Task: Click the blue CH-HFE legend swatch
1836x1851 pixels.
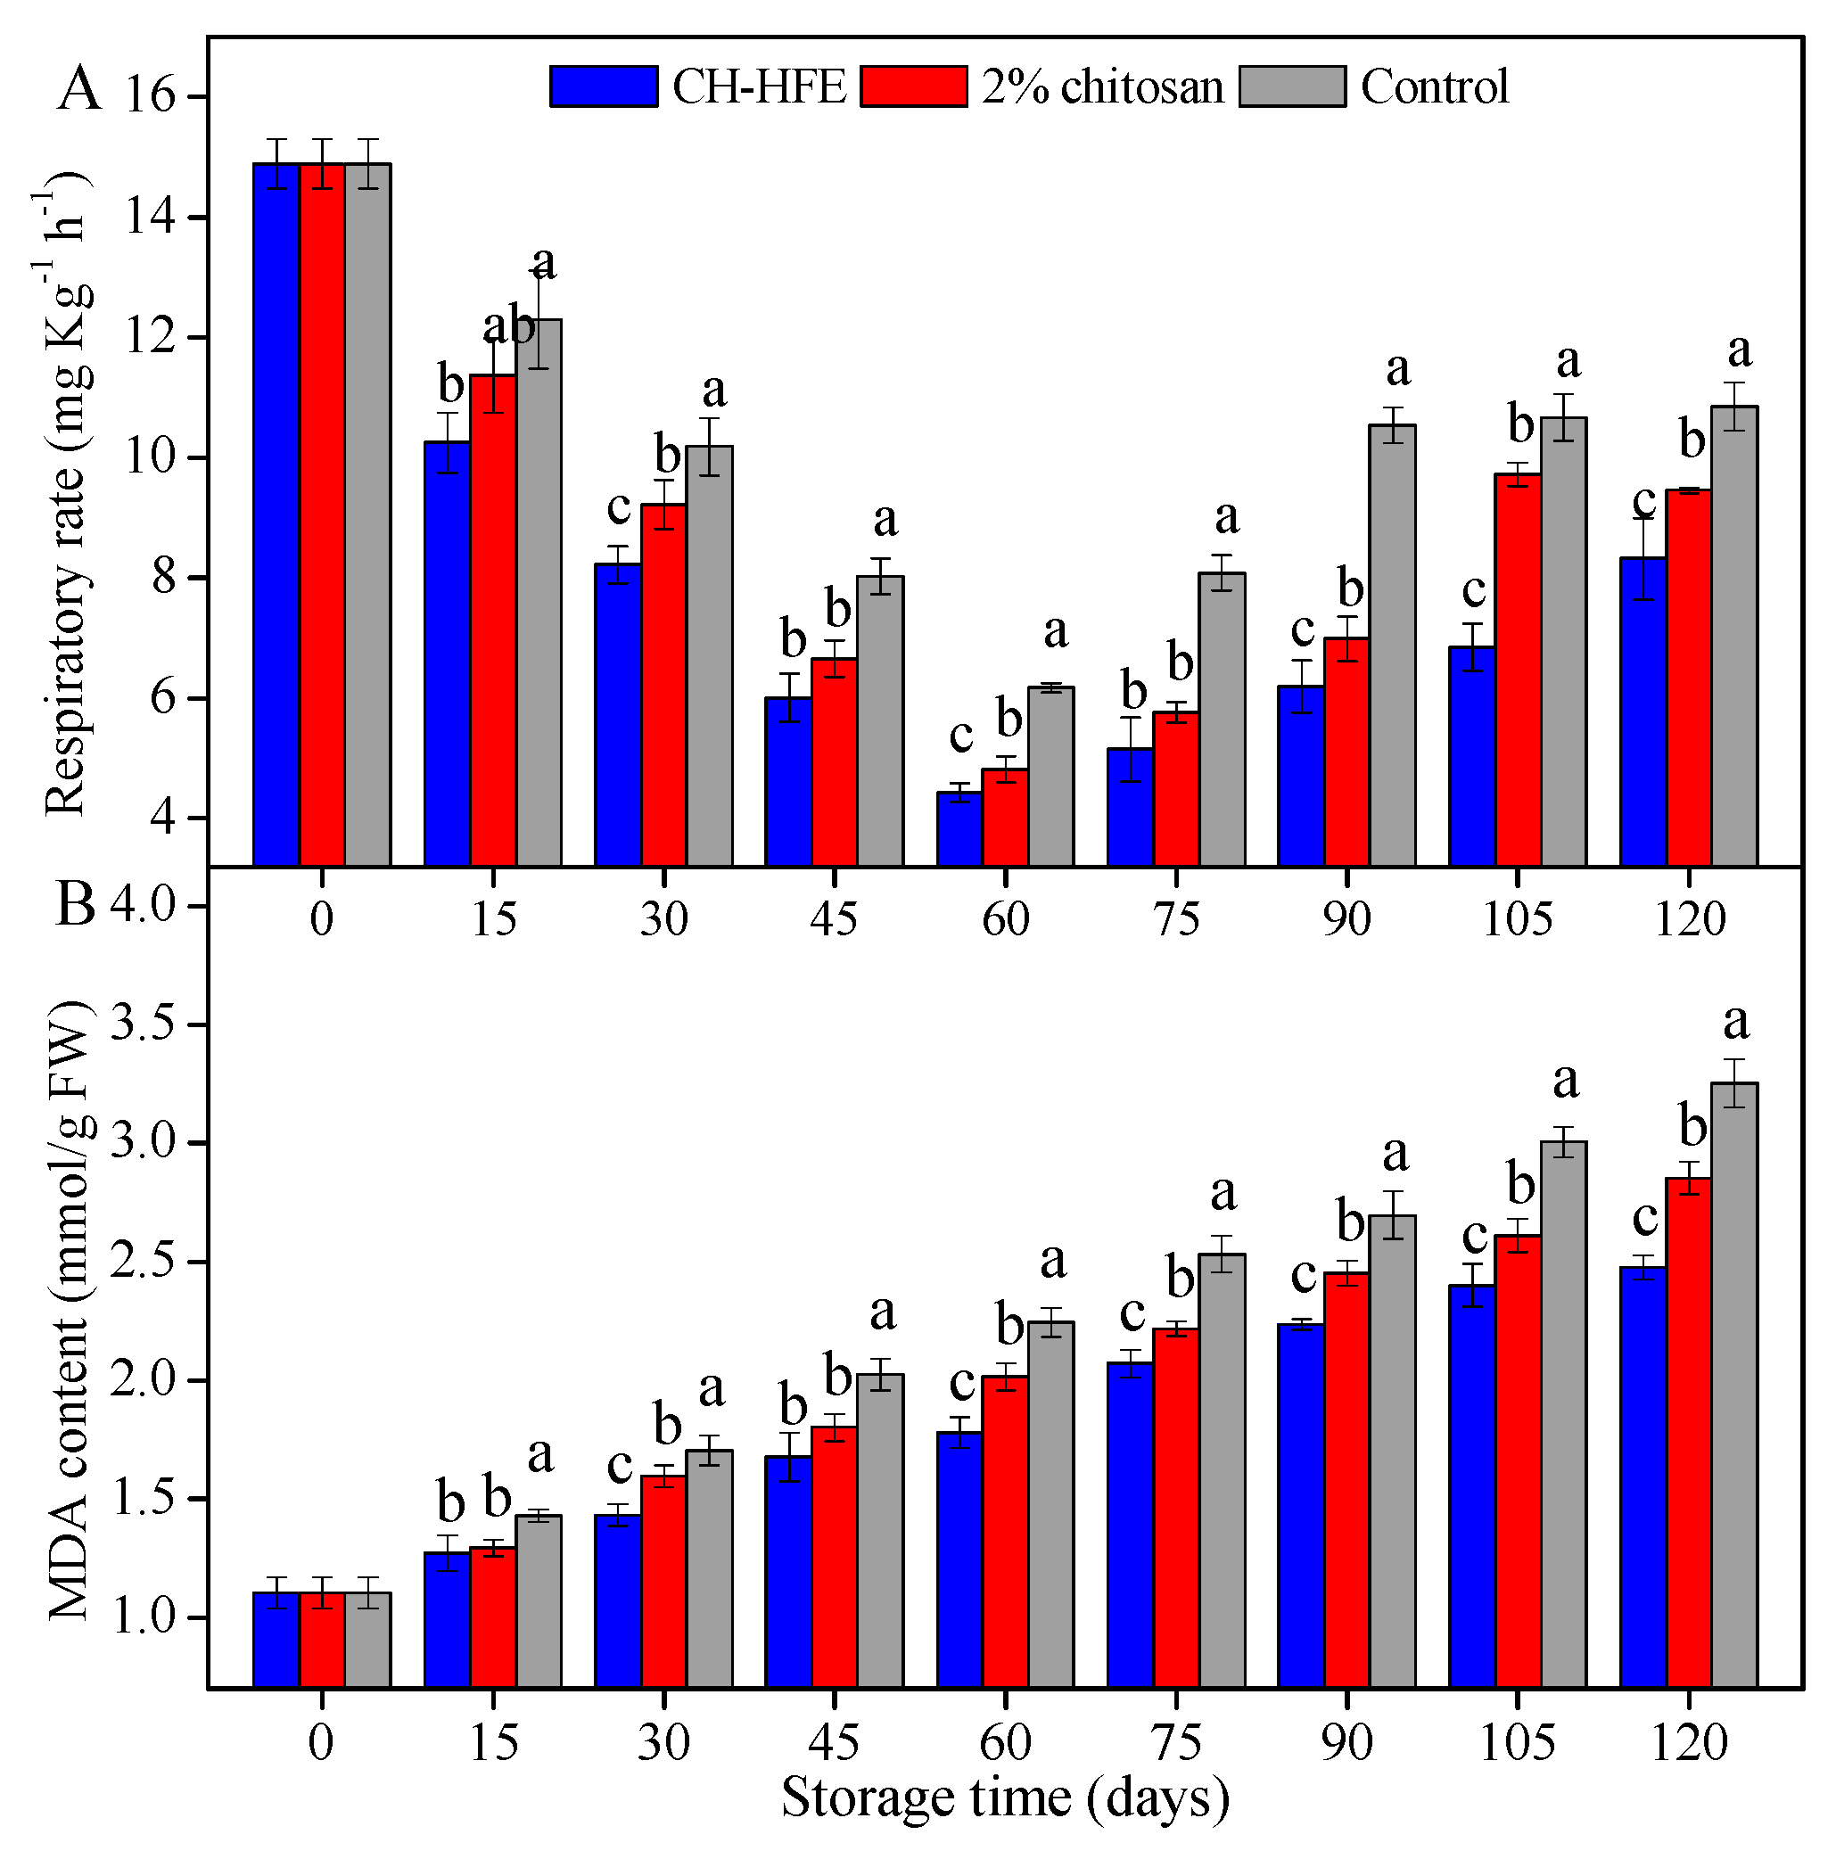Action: (x=603, y=86)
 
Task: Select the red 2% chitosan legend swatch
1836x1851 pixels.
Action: (x=913, y=86)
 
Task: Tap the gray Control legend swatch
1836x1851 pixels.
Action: (x=1292, y=86)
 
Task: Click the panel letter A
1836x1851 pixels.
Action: (x=78, y=91)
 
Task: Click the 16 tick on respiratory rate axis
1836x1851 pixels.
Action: (x=151, y=97)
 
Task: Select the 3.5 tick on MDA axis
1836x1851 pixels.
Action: (x=144, y=1024)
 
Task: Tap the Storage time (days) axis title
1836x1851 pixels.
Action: (x=1004, y=1798)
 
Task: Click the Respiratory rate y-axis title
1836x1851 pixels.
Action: (x=67, y=493)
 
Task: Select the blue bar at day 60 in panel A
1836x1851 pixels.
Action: (x=959, y=827)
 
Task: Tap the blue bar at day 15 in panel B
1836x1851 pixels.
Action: (x=447, y=1619)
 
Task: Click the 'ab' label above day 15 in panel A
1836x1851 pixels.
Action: (x=509, y=326)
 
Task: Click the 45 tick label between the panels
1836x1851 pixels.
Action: (x=834, y=918)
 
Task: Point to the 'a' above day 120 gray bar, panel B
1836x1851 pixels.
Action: (x=1736, y=1023)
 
